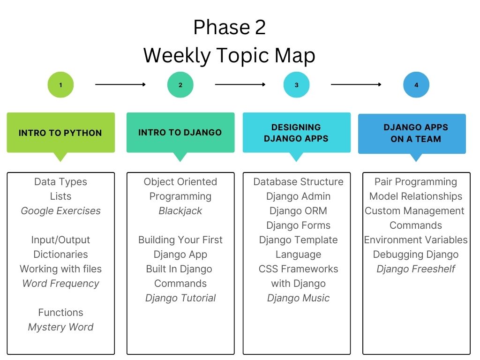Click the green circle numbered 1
(x=60, y=85)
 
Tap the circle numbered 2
(x=180, y=85)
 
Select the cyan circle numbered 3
(x=296, y=85)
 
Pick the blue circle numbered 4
(x=416, y=85)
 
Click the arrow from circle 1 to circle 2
(x=120, y=84)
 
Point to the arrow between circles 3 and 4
(x=356, y=84)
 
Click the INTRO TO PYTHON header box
(x=60, y=133)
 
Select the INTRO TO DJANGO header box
(x=180, y=133)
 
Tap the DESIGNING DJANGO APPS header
(x=296, y=133)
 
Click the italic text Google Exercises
(x=60, y=211)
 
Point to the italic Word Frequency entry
(x=60, y=284)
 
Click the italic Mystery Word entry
(x=60, y=327)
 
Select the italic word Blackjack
(x=180, y=211)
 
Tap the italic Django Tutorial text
(x=180, y=298)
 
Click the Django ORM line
(x=298, y=211)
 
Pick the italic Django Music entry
(x=298, y=298)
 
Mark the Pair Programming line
(x=416, y=182)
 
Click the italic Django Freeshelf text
(x=416, y=269)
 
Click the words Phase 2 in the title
(x=229, y=28)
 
